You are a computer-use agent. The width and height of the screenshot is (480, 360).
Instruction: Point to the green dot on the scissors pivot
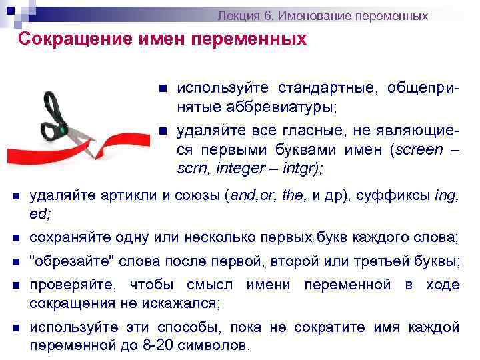[64, 131]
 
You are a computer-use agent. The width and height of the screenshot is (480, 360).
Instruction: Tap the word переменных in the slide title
[251, 39]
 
